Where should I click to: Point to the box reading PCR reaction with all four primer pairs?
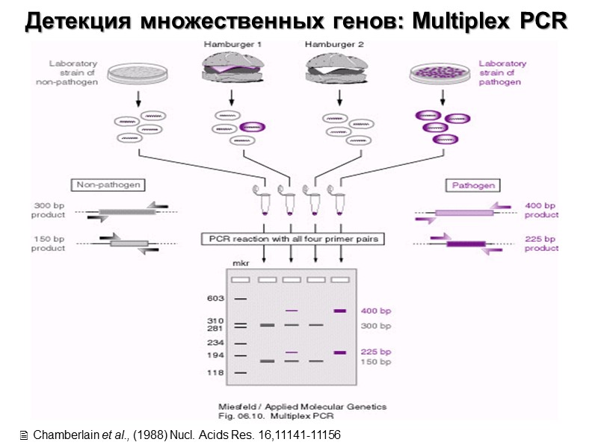pos(292,240)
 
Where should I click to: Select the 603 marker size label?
pos(215,298)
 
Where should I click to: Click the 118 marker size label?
pos(215,372)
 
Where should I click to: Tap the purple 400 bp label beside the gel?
pos(375,311)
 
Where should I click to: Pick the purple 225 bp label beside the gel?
pos(375,352)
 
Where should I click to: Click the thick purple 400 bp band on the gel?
pos(340,311)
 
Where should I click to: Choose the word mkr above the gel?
pos(240,264)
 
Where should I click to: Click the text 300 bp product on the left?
pos(49,210)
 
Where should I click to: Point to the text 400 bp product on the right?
pos(540,210)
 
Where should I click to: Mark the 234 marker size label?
pos(215,343)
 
